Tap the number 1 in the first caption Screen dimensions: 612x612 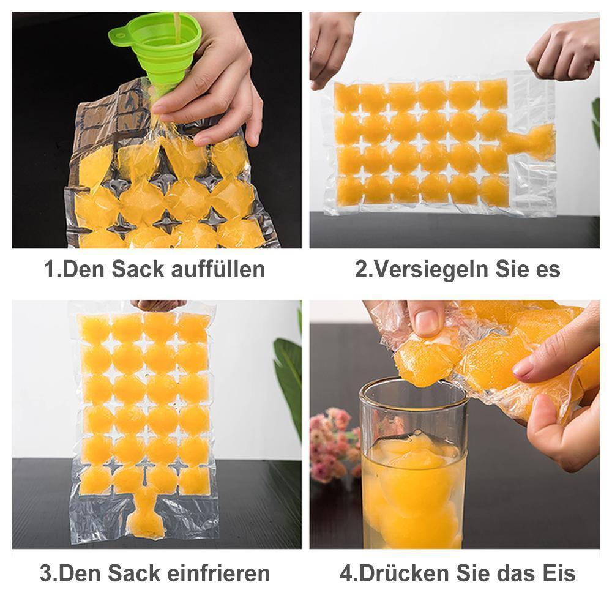(50, 269)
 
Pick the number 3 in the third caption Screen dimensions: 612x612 (46, 573)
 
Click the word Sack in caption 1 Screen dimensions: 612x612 (132, 269)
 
